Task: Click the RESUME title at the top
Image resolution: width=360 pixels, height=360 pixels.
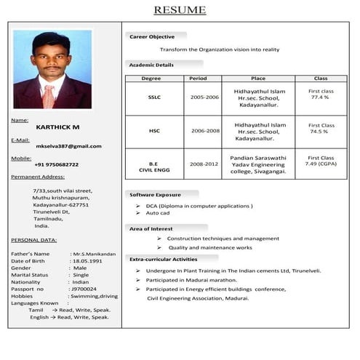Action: (x=180, y=9)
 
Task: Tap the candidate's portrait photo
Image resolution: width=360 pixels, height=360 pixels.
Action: (x=52, y=69)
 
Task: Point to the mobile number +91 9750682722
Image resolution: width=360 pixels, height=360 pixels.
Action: (x=56, y=164)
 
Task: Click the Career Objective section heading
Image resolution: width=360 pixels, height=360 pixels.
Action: (x=152, y=36)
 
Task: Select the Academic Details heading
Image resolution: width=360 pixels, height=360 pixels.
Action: (x=151, y=65)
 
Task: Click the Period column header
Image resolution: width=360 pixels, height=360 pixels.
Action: (x=198, y=78)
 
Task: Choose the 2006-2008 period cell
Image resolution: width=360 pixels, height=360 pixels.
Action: (x=204, y=131)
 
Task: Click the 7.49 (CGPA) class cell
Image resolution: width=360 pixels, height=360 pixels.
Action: (x=320, y=164)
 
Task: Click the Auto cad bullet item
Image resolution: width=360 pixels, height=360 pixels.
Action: (x=158, y=213)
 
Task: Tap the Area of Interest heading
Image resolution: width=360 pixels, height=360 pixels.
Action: (x=151, y=229)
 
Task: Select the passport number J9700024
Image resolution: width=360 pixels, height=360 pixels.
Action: (x=85, y=289)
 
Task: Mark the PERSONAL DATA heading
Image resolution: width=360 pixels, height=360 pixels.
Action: (x=34, y=239)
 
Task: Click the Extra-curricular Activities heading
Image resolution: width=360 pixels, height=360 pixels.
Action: (x=163, y=259)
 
